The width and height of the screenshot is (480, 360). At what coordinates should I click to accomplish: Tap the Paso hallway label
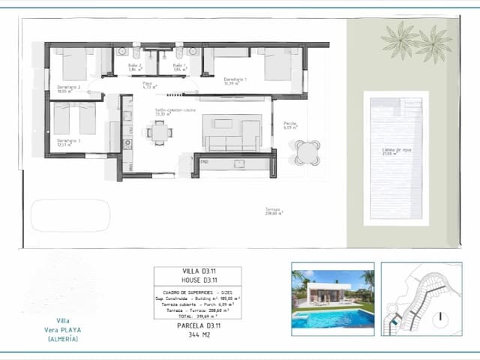click(x=148, y=85)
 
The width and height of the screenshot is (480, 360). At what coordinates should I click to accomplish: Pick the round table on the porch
click(x=306, y=152)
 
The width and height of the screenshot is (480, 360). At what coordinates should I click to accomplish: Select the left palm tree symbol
click(x=399, y=39)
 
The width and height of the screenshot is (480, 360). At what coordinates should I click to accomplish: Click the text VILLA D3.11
click(x=197, y=272)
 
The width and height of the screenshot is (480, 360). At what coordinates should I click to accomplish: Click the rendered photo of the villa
click(x=332, y=298)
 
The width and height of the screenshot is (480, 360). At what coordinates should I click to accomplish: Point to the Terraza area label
click(x=273, y=211)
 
